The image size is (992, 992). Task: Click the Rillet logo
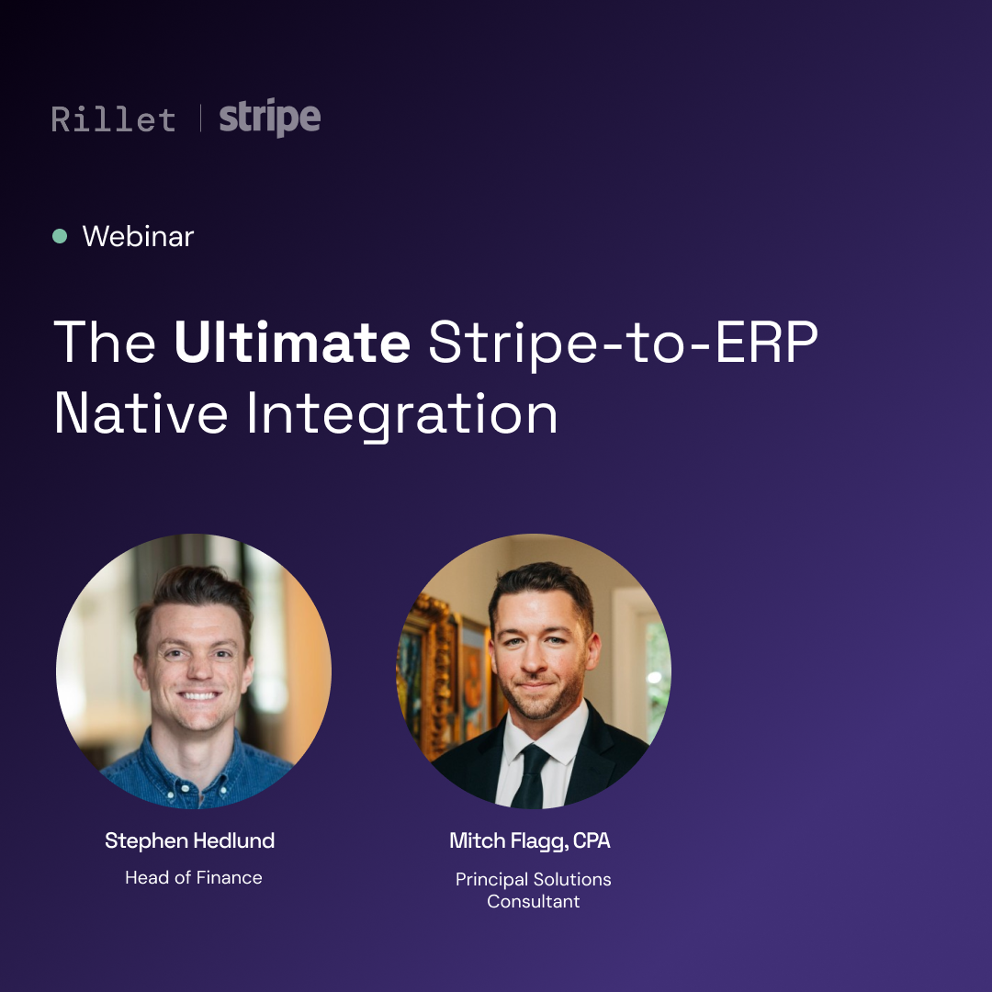click(x=113, y=119)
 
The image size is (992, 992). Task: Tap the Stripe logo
click(x=270, y=117)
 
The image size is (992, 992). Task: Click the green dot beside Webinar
click(x=60, y=236)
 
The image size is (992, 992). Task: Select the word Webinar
click(x=138, y=237)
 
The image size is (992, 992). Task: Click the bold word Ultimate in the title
click(x=292, y=342)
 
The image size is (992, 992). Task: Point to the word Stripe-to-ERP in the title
click(x=623, y=344)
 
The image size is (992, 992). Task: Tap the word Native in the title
click(x=141, y=413)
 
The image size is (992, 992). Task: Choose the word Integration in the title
click(x=402, y=416)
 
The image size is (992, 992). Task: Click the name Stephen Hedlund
click(x=190, y=840)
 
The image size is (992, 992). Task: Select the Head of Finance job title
click(x=194, y=877)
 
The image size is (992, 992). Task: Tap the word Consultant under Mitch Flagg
click(x=534, y=902)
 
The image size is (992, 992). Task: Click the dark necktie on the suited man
click(x=529, y=776)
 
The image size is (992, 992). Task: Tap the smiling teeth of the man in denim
click(x=198, y=696)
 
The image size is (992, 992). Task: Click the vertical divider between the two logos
click(x=200, y=118)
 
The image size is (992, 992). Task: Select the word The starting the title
click(x=105, y=343)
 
